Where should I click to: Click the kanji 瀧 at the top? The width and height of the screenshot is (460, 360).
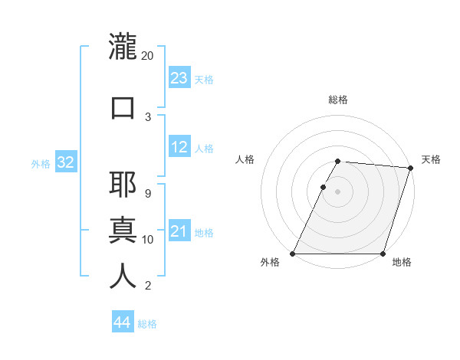(x=123, y=47)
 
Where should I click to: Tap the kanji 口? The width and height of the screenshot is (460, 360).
(x=123, y=108)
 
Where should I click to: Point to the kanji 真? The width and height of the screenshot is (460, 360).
(x=123, y=231)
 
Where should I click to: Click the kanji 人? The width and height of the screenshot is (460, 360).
(x=123, y=276)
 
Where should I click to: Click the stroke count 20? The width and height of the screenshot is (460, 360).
(x=148, y=56)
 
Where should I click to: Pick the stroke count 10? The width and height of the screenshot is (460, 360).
(x=148, y=240)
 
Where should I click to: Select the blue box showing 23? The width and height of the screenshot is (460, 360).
(x=179, y=77)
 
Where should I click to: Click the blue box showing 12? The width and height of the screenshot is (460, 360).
(x=179, y=147)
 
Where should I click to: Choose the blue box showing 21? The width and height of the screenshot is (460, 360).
(x=179, y=231)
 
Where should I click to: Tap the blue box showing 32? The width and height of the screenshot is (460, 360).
(x=65, y=162)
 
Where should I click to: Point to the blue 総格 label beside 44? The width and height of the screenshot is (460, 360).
(x=147, y=324)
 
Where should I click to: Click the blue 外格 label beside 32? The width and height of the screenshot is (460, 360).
(x=41, y=163)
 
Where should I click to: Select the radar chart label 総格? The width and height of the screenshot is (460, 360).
(x=338, y=100)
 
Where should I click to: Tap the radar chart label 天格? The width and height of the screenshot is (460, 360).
(x=431, y=159)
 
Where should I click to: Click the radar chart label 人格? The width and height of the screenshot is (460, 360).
(x=245, y=159)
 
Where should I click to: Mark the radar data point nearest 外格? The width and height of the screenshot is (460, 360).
(x=293, y=254)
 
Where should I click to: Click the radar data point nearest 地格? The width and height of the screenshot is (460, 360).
(x=383, y=254)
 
